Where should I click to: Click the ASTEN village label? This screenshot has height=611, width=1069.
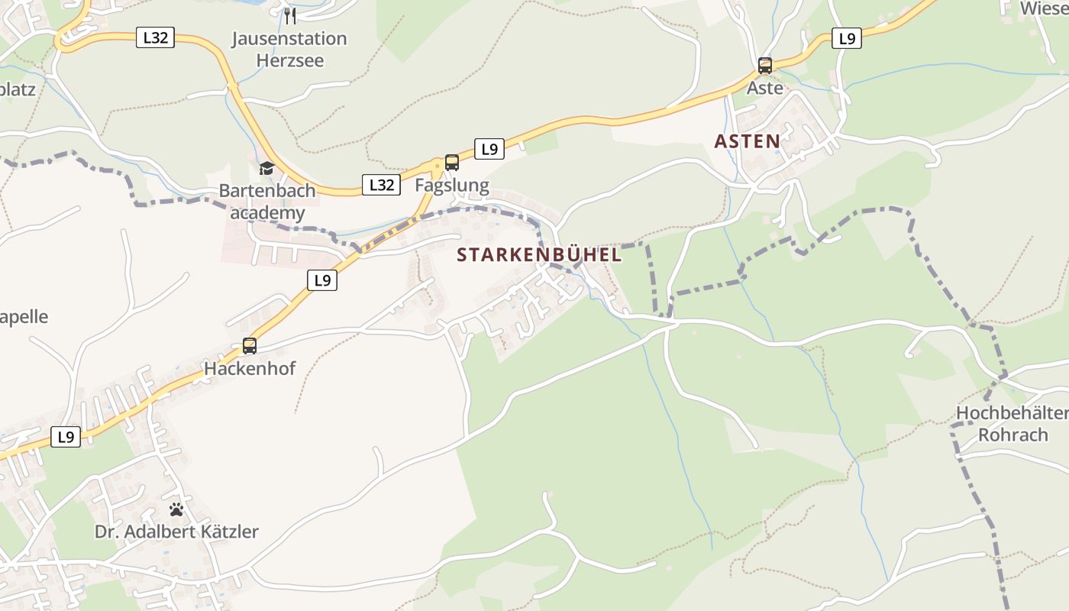[x=747, y=141]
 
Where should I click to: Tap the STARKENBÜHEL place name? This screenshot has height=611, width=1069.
[x=539, y=255]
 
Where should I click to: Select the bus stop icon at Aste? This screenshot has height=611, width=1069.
[x=764, y=66]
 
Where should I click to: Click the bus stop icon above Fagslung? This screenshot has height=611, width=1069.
[x=451, y=163]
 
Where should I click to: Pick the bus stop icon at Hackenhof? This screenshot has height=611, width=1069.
[x=250, y=346]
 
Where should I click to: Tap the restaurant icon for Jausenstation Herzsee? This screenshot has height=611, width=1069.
[x=289, y=16]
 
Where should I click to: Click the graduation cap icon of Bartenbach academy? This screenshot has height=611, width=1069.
[x=266, y=168]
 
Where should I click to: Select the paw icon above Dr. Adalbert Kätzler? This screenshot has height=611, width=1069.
[x=176, y=509]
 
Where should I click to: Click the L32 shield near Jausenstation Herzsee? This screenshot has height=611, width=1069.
[x=155, y=37]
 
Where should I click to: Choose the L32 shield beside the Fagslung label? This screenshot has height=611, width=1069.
[x=380, y=185]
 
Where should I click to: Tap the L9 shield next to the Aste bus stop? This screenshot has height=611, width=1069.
[x=846, y=38]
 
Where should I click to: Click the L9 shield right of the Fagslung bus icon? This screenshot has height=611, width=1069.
[x=489, y=150]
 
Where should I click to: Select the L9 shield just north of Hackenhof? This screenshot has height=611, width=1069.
[x=322, y=280]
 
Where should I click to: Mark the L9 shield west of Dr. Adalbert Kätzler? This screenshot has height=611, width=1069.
[x=66, y=437]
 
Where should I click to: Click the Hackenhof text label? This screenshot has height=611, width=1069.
[x=249, y=369]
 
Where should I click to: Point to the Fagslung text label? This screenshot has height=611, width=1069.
[x=451, y=186]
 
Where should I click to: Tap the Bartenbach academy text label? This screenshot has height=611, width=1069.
[x=262, y=202]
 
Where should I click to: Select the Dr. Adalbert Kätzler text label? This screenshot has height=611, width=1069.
[x=176, y=532]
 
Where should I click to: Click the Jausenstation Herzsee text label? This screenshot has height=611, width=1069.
[x=289, y=49]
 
